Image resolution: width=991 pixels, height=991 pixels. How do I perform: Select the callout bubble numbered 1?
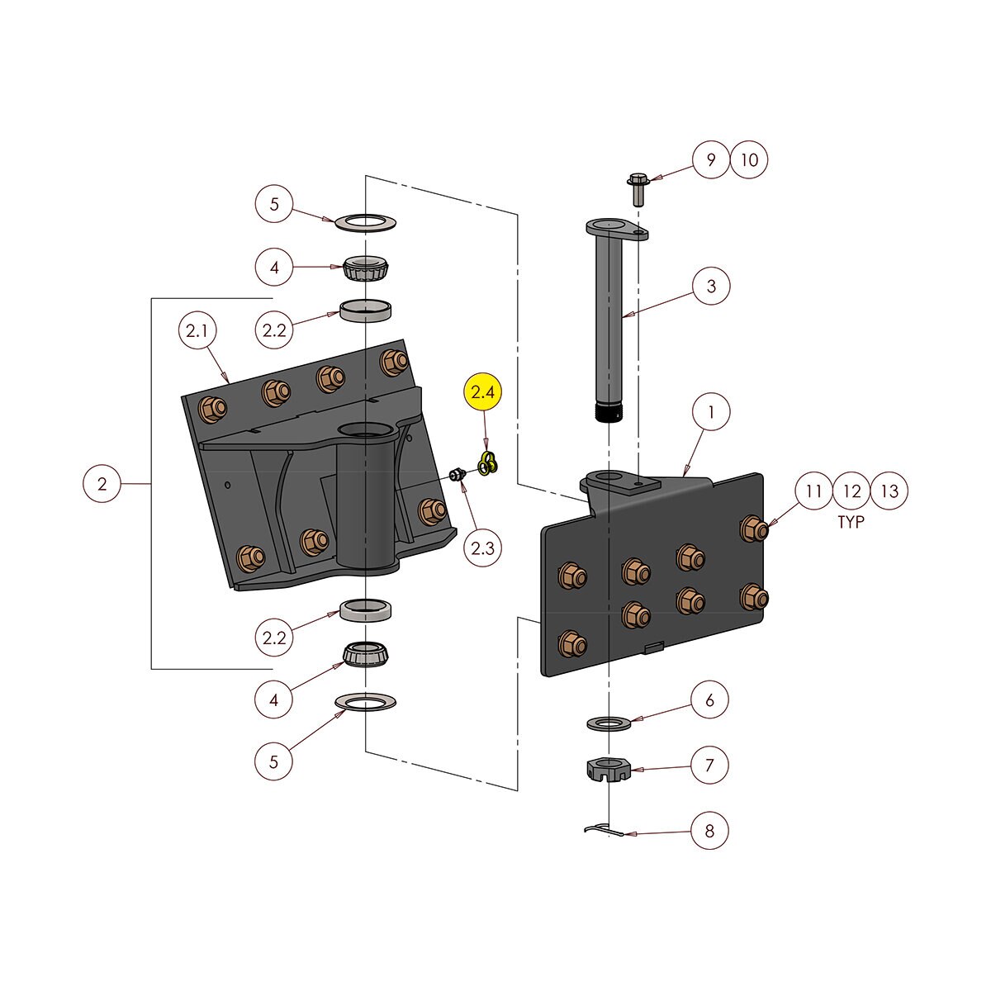[712, 413]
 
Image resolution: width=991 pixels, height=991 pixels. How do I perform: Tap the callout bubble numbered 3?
[712, 287]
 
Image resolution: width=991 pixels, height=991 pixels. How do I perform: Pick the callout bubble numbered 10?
[749, 160]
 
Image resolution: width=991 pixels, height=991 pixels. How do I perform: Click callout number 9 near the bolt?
[710, 160]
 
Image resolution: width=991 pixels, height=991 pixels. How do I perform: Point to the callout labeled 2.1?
[197, 333]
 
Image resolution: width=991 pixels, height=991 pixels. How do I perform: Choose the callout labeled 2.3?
[482, 548]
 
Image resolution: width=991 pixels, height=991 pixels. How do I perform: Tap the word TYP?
[851, 523]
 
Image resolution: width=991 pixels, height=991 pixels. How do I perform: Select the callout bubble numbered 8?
[710, 830]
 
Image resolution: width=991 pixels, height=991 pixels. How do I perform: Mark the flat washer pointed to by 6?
[609, 724]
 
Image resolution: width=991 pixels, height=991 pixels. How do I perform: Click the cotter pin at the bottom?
[607, 829]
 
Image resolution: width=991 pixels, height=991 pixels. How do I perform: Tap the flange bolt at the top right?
[638, 189]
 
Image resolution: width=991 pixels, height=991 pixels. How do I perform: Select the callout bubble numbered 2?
[102, 484]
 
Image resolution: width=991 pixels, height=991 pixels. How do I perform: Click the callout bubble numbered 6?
[710, 701]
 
